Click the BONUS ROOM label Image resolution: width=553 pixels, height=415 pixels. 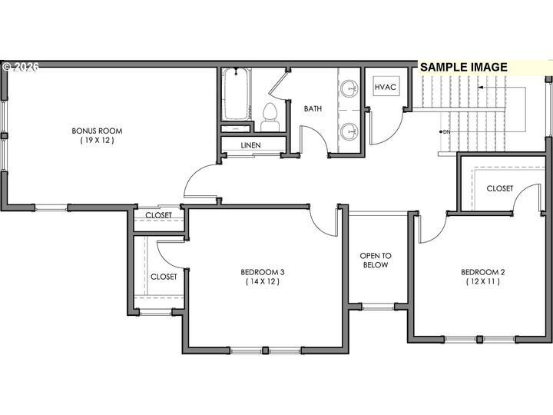click(x=97, y=131)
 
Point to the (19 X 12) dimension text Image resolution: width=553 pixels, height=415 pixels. click(x=97, y=141)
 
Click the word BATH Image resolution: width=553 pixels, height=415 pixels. click(x=313, y=109)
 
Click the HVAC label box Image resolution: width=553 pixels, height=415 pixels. click(x=385, y=88)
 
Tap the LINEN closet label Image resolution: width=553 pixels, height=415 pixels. click(x=250, y=145)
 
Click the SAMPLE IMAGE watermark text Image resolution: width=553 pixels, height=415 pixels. click(x=464, y=67)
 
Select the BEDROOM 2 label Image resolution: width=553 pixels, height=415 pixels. click(x=482, y=272)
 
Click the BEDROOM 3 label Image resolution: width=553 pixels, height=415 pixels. click(x=263, y=272)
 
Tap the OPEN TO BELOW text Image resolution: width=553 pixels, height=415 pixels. click(x=376, y=261)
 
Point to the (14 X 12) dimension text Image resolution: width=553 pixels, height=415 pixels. click(x=263, y=282)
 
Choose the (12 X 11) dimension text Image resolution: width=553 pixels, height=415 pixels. click(x=482, y=282)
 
